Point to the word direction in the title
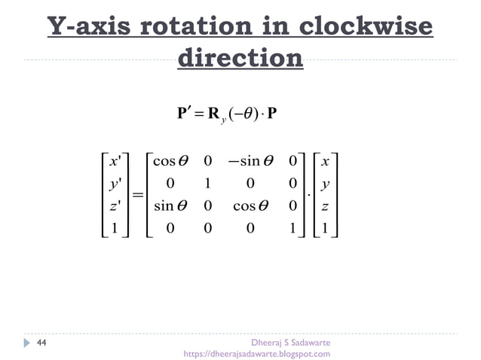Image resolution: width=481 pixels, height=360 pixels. point(240,58)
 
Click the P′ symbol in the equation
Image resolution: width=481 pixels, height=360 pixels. point(184,113)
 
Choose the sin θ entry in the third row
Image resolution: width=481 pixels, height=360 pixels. point(170,206)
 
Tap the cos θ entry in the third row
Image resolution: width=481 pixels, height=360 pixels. point(255,206)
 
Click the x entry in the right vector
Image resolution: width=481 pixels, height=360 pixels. point(324,160)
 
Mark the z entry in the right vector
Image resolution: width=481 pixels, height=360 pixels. point(324,206)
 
